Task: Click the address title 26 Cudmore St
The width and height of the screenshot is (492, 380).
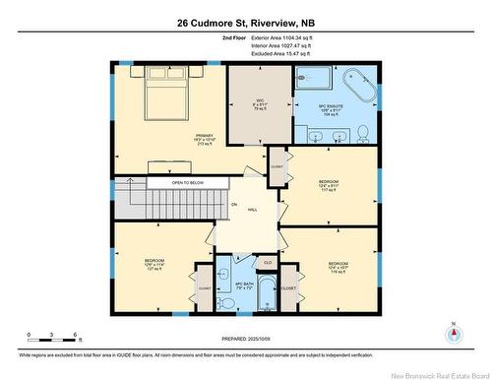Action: point(246,23)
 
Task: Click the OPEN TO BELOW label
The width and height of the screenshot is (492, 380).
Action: point(187,182)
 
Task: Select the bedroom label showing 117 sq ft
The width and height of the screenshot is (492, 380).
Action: point(329,188)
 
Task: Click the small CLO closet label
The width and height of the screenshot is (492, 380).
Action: point(268,263)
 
